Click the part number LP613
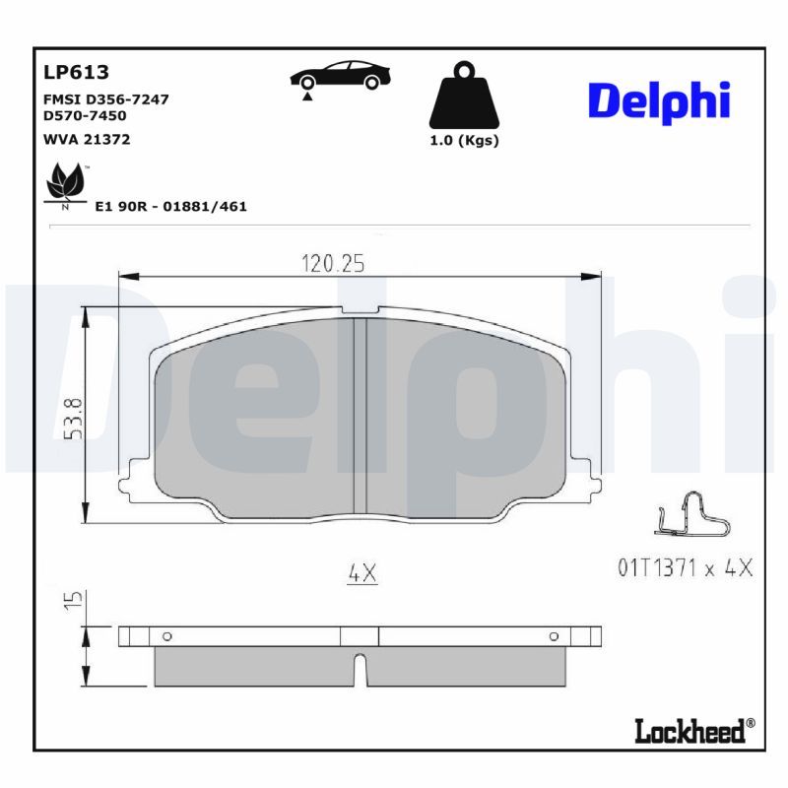pos(76,72)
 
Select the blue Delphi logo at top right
pos(659,102)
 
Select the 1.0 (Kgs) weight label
pos(464,140)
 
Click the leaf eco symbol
pos(66,184)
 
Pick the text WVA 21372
pos(87,140)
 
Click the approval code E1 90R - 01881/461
pos(170,207)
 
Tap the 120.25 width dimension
pos(332,263)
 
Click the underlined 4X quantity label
pos(362,572)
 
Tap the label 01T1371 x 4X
pos(685,568)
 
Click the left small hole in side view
pos(166,636)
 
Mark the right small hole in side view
pos(553,636)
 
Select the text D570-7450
pos(86,115)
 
